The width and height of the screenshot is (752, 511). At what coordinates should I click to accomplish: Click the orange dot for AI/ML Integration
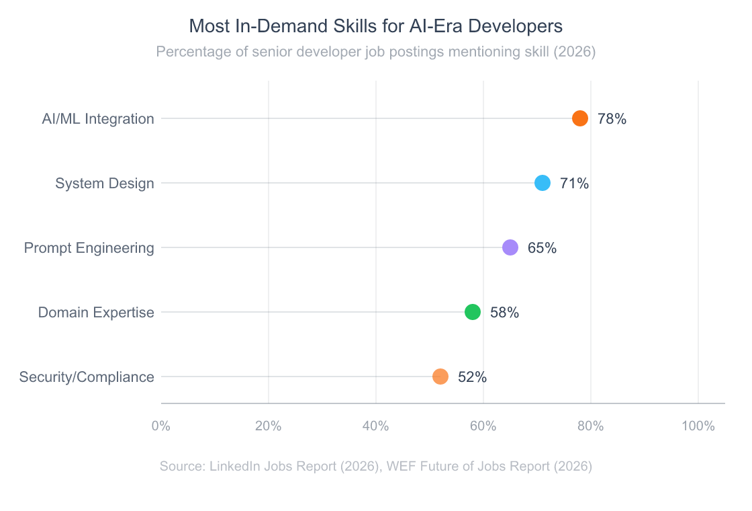point(580,118)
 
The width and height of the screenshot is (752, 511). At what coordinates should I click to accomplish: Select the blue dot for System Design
point(543,183)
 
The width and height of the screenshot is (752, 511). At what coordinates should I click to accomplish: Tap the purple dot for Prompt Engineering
point(510,247)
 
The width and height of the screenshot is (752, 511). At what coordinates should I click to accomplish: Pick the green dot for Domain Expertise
point(473,312)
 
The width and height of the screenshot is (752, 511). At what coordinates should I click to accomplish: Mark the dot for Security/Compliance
point(440,377)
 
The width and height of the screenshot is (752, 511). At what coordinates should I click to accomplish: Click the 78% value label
point(612,119)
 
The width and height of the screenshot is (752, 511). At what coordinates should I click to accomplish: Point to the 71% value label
point(574,184)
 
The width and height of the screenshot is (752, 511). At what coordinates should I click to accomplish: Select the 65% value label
point(542,248)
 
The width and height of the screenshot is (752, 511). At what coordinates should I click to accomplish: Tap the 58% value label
point(504,313)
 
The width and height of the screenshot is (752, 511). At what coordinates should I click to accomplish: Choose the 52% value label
point(472,377)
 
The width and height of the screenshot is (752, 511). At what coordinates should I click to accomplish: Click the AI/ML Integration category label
point(98,119)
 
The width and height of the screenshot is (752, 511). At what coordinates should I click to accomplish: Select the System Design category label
point(105,184)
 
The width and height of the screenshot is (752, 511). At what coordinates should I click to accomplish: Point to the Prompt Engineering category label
point(89,248)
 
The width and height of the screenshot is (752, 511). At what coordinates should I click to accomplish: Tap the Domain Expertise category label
point(96,313)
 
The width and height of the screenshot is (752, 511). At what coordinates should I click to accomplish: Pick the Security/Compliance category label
point(87,377)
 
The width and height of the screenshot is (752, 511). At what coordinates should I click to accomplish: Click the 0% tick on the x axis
point(161,426)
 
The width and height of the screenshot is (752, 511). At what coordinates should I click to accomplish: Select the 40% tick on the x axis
point(376,426)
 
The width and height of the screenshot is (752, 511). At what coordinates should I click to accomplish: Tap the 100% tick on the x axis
point(698,426)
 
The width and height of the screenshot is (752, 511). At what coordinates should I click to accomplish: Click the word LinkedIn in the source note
point(235,467)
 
